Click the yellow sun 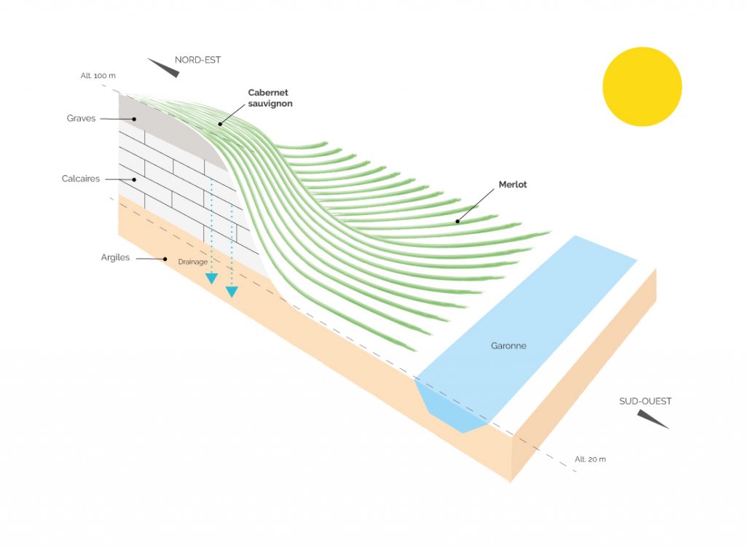click(642, 87)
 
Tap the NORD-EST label click(197, 60)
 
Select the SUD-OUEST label click(645, 401)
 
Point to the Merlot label click(513, 184)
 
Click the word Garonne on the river click(509, 346)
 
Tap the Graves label click(81, 118)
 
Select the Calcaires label click(81, 179)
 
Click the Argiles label click(116, 257)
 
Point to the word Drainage click(192, 262)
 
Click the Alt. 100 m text click(98, 76)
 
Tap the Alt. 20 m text click(590, 459)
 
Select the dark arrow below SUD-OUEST click(652, 418)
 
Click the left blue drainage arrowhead click(211, 278)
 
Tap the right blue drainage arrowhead click(232, 292)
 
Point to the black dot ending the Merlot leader click(458, 220)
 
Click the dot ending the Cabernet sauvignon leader click(219, 124)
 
